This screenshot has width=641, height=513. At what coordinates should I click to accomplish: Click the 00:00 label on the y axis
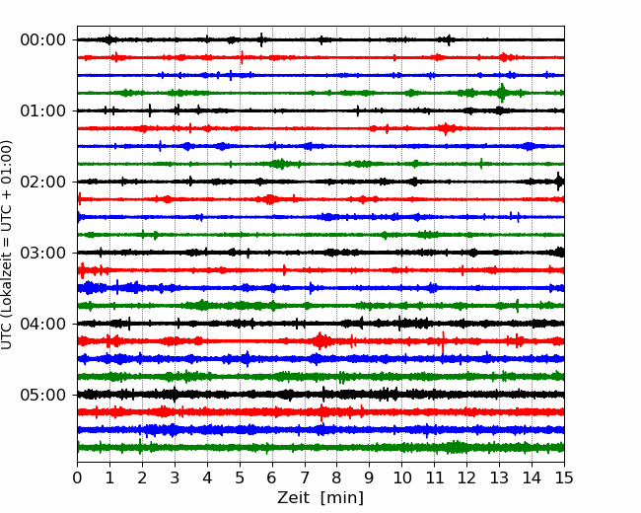tap(42, 40)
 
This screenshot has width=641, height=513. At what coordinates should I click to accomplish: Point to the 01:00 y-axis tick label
tap(42, 110)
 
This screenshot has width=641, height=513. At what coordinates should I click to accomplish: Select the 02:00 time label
tap(42, 183)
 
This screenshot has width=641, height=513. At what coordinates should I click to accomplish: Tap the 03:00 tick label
tap(42, 253)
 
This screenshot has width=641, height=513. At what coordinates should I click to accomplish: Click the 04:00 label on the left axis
tap(42, 324)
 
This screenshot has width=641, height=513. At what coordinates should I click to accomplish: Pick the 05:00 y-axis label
tap(42, 395)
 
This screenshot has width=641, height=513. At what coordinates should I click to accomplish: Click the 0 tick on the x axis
tap(77, 477)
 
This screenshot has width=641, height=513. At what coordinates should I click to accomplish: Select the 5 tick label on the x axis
tap(240, 477)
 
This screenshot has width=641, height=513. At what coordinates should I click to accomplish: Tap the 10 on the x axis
tap(401, 477)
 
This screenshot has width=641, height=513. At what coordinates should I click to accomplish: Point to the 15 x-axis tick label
tap(564, 477)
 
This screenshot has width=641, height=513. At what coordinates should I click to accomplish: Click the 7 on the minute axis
tap(305, 477)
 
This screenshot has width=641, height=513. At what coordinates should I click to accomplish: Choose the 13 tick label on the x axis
tap(499, 477)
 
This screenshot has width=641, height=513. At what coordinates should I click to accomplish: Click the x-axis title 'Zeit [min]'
tap(320, 498)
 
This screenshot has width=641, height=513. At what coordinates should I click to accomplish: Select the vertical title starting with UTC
tap(7, 245)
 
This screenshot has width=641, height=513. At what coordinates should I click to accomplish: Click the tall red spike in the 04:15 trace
tap(443, 342)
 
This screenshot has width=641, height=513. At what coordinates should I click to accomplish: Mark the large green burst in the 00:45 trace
tap(502, 93)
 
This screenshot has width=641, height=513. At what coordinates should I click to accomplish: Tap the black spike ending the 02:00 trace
tap(559, 182)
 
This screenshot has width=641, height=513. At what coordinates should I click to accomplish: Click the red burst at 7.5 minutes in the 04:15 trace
tap(320, 340)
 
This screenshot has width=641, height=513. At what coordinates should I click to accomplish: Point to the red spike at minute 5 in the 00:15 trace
tap(242, 57)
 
